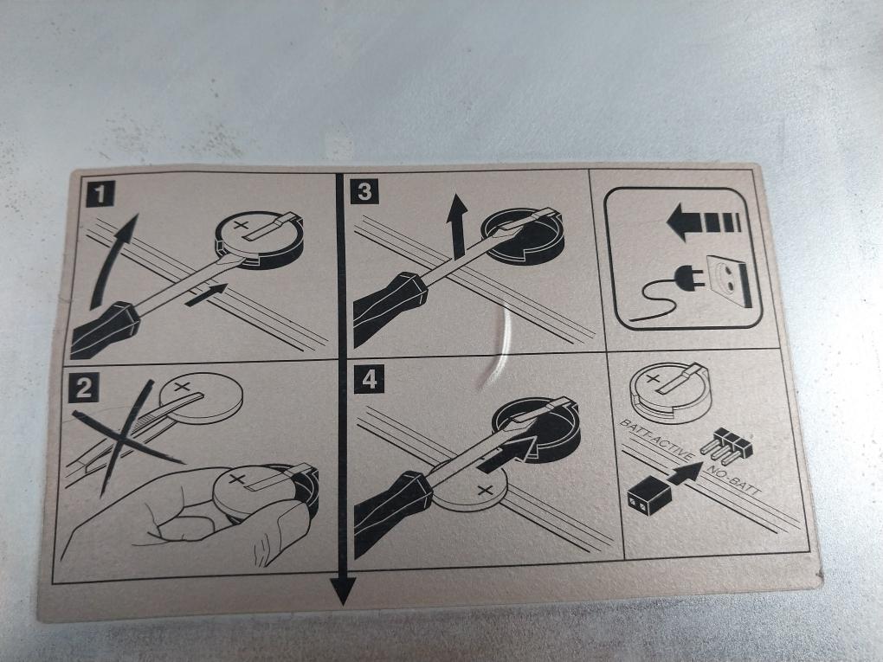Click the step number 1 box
click(100, 194)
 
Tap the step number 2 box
click(83, 388)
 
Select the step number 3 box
click(364, 191)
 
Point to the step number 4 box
click(370, 379)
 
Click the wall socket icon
click(730, 280)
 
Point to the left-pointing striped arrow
click(703, 222)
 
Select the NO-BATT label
click(733, 480)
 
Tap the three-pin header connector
click(726, 442)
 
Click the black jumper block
click(649, 494)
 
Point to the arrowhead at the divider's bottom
click(343, 591)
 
